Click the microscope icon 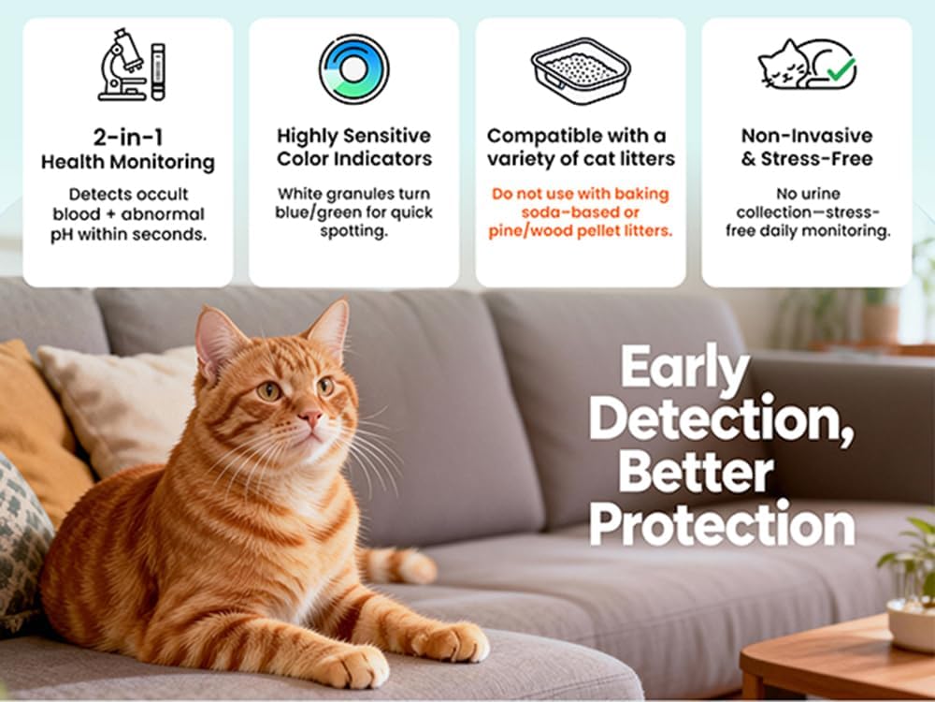pyautogui.click(x=123, y=65)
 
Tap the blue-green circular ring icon pyautogui.click(x=353, y=69)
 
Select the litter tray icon pyautogui.click(x=581, y=70)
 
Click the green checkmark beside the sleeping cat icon pyautogui.click(x=841, y=69)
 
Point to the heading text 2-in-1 pyautogui.click(x=127, y=138)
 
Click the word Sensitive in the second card pyautogui.click(x=392, y=136)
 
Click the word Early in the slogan pyautogui.click(x=685, y=367)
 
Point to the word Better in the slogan pyautogui.click(x=696, y=473)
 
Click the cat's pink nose pyautogui.click(x=310, y=417)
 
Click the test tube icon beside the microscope pyautogui.click(x=158, y=72)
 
